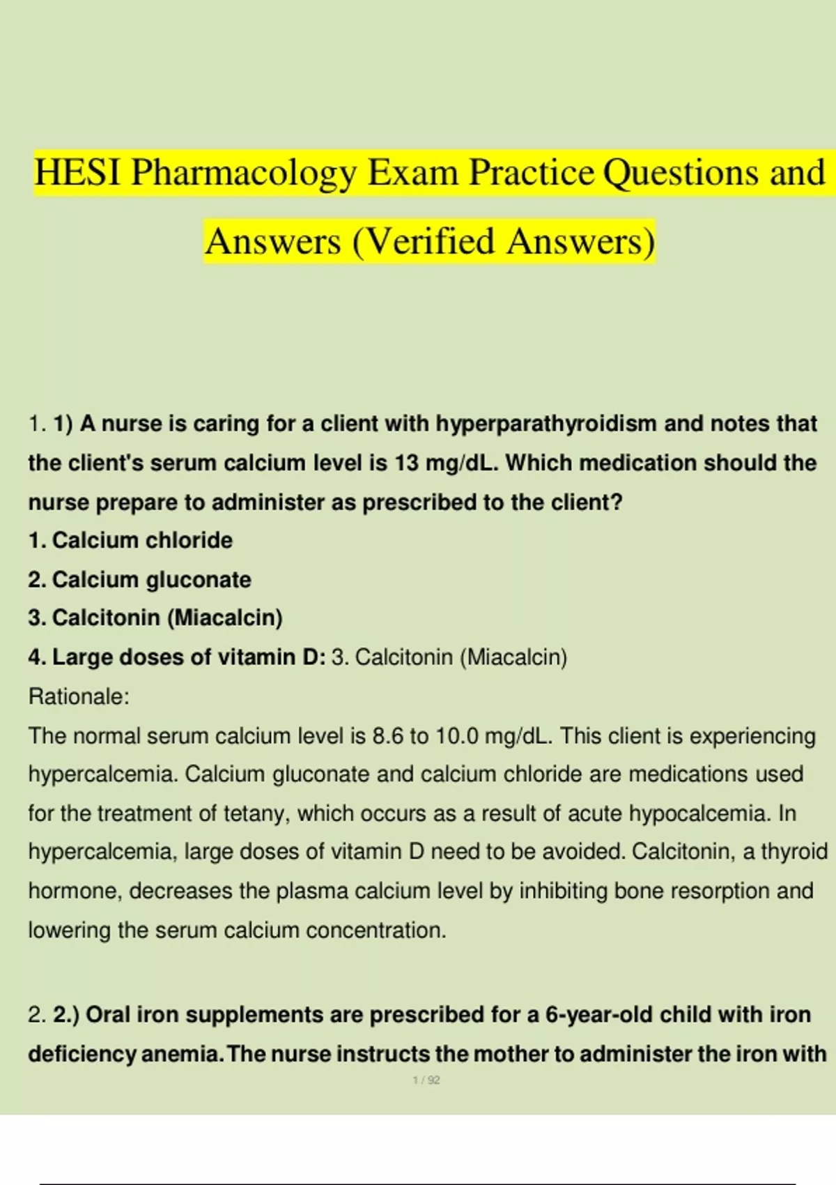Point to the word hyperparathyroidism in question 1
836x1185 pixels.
click(546, 424)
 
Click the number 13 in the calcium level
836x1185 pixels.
click(405, 463)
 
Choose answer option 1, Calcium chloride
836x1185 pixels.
click(130, 540)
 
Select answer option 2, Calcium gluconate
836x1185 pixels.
click(139, 579)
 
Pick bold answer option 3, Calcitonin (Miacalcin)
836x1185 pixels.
click(155, 618)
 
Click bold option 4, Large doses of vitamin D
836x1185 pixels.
click(177, 657)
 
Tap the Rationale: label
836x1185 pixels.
click(79, 696)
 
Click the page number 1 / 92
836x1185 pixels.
click(426, 1080)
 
